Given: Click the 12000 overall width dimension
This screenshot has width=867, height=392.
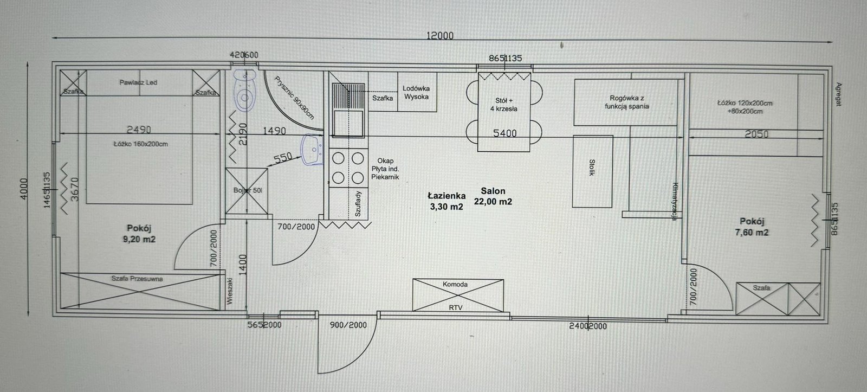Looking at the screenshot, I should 439,36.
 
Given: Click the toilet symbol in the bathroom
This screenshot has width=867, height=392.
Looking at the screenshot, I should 245,93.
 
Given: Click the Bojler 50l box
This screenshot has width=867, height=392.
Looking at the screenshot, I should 247,190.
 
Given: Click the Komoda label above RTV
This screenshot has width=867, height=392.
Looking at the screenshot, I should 455,284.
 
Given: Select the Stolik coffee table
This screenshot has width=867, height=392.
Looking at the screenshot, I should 593,171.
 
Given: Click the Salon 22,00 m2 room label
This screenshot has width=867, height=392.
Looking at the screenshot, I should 493,196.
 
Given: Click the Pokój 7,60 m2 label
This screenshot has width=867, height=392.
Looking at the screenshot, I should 754,227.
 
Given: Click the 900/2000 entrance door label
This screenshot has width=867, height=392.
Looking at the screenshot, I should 348,325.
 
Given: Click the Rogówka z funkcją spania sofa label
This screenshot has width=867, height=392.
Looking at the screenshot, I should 627,102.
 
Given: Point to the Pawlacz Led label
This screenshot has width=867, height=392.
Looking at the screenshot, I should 138,83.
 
